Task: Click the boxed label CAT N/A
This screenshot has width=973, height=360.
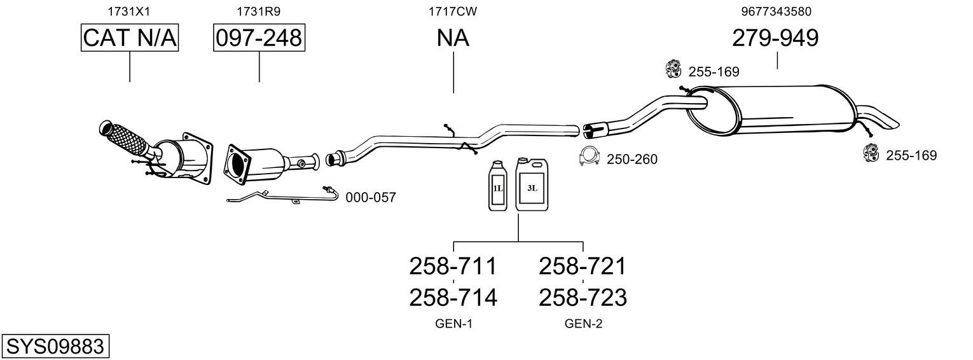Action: pyautogui.click(x=130, y=38)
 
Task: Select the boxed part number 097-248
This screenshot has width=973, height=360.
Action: pyautogui.click(x=259, y=38)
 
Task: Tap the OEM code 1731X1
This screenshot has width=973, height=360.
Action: pyautogui.click(x=129, y=11)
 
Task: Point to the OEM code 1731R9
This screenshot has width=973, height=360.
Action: pyautogui.click(x=258, y=11)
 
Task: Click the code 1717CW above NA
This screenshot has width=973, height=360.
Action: pyautogui.click(x=453, y=11)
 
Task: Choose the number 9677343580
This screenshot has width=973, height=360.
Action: pyautogui.click(x=776, y=11)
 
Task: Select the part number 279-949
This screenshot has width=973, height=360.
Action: pyautogui.click(x=775, y=38)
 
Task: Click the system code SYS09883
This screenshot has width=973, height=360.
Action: pyautogui.click(x=55, y=346)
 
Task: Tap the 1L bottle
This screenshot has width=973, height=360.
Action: pyautogui.click(x=498, y=186)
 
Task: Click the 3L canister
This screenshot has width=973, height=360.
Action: pyautogui.click(x=532, y=184)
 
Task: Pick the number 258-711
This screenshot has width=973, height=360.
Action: pyautogui.click(x=453, y=266)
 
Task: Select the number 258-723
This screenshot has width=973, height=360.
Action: pyautogui.click(x=583, y=298)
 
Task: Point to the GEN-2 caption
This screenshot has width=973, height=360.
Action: pyautogui.click(x=583, y=324)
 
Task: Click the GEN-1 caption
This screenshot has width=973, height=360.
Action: pyautogui.click(x=453, y=324)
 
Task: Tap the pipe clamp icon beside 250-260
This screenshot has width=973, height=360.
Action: pyautogui.click(x=589, y=156)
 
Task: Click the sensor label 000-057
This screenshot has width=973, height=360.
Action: pyautogui.click(x=371, y=198)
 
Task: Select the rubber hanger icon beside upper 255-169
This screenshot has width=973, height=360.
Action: pyautogui.click(x=673, y=69)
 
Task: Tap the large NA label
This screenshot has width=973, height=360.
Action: pyautogui.click(x=453, y=38)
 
